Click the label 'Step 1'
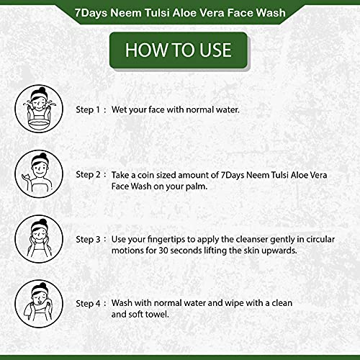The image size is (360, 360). tap(89, 109)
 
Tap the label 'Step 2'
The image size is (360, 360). tap(89, 174)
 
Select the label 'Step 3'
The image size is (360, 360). tap(89, 238)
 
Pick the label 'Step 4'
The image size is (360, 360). tap(89, 303)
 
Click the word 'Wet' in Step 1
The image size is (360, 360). tap(120, 109)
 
